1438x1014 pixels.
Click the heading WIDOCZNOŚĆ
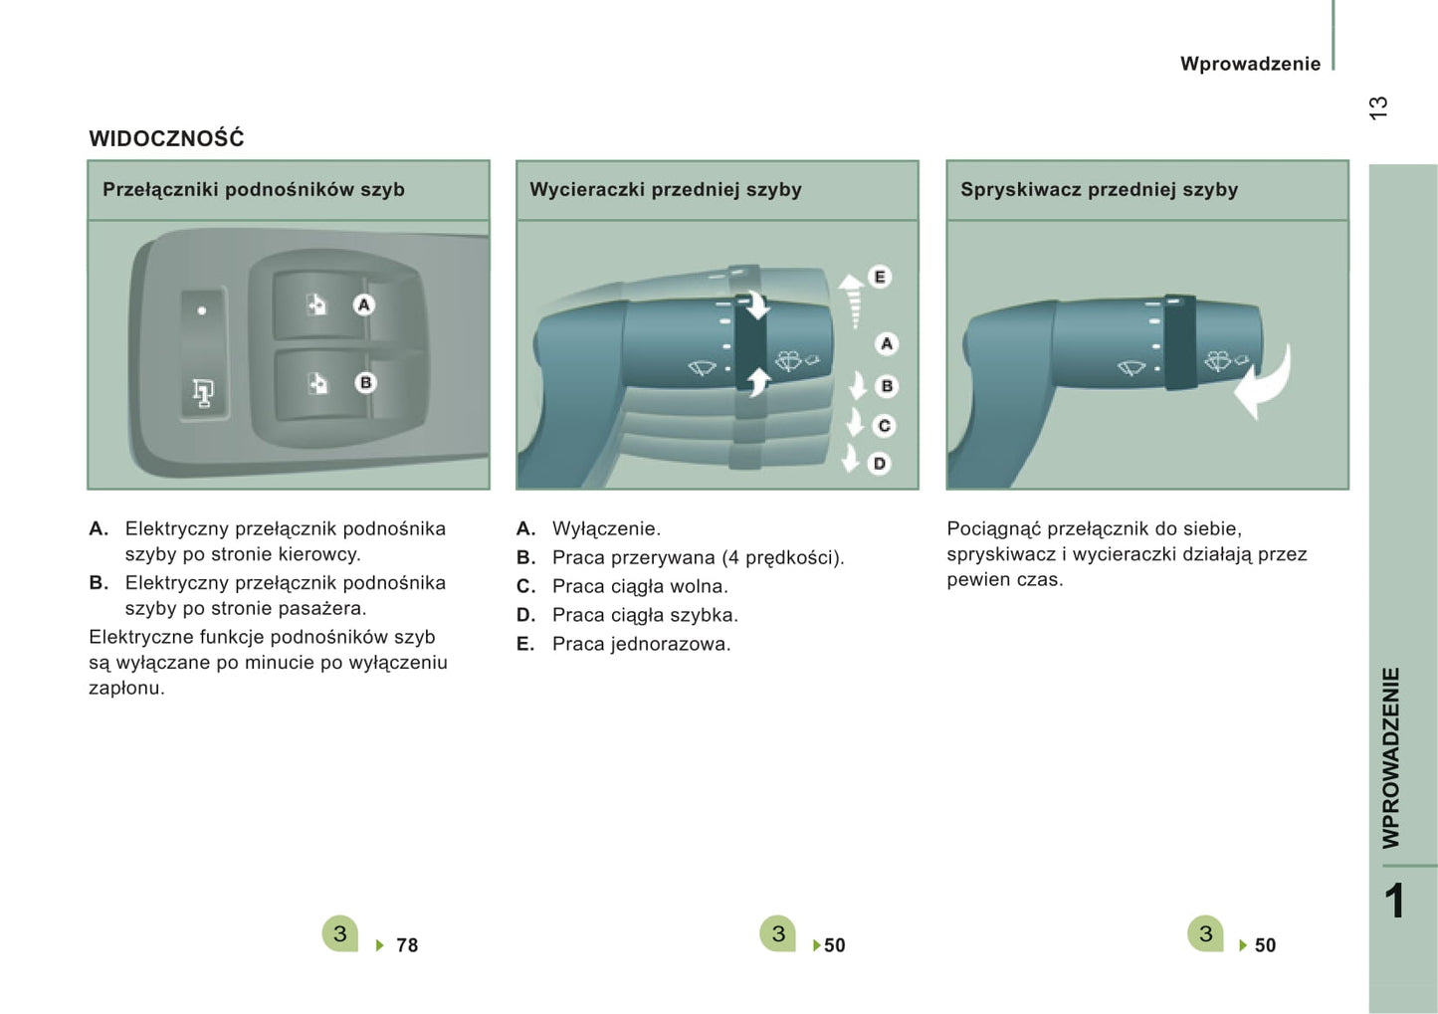pyautogui.click(x=166, y=138)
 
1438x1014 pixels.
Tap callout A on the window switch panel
pyautogui.click(x=364, y=304)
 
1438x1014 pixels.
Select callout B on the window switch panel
pyautogui.click(x=366, y=383)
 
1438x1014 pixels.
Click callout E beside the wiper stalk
pyautogui.click(x=880, y=277)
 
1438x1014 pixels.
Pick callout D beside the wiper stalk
pyautogui.click(x=880, y=464)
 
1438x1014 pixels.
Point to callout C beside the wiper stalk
pyautogui.click(x=884, y=426)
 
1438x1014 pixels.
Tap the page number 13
pyautogui.click(x=1378, y=108)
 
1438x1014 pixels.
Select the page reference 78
pyautogui.click(x=407, y=945)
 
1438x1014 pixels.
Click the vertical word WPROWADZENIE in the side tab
pyautogui.click(x=1391, y=758)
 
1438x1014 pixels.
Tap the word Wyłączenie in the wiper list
pyautogui.click(x=606, y=528)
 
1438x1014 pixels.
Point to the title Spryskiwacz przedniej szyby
pyautogui.click(x=1099, y=190)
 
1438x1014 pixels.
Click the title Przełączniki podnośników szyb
pyautogui.click(x=254, y=190)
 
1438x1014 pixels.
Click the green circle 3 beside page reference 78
pyautogui.click(x=340, y=933)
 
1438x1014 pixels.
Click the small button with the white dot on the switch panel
pyautogui.click(x=203, y=310)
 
